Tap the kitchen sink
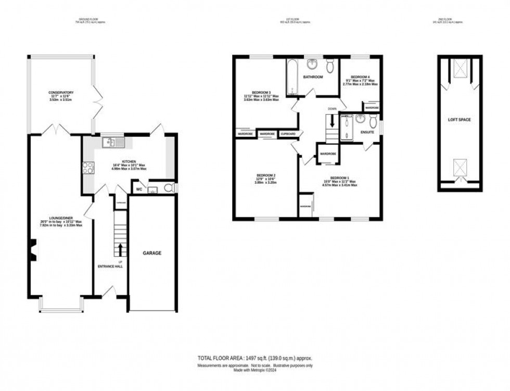click(x=113, y=142)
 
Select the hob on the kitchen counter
click(x=88, y=168)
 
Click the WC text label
click(x=139, y=189)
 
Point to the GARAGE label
click(x=152, y=253)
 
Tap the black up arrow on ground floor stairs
click(x=121, y=249)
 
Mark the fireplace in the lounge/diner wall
click(x=33, y=249)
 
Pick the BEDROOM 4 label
click(x=360, y=77)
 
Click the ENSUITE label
click(x=368, y=132)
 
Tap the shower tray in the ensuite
click(x=347, y=128)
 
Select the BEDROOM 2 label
click(x=266, y=175)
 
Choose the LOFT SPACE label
click(x=460, y=120)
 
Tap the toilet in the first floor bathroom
click(x=330, y=66)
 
